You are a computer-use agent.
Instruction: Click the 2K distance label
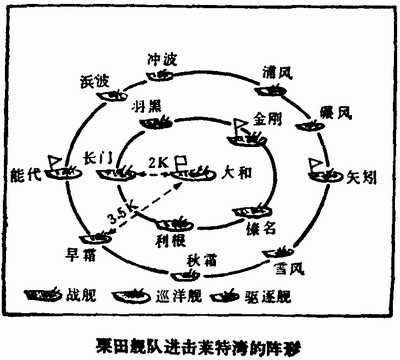point(157,161)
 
